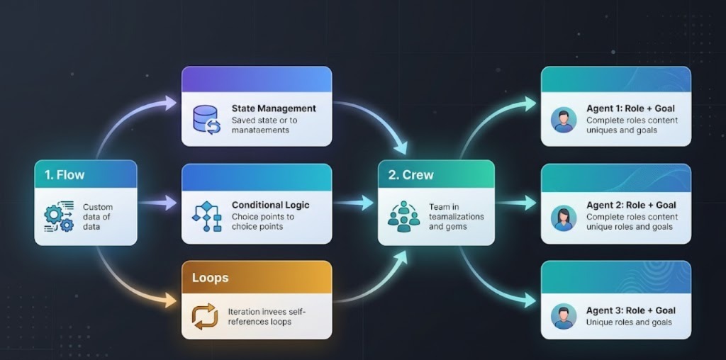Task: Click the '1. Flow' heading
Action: pyautogui.click(x=65, y=174)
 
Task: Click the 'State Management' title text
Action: pyautogui.click(x=274, y=108)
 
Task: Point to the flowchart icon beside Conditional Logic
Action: pyautogui.click(x=207, y=216)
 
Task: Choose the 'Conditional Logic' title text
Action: pyautogui.click(x=270, y=205)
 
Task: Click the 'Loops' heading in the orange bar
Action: pyautogui.click(x=211, y=277)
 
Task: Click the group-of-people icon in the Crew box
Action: pyautogui.click(x=403, y=216)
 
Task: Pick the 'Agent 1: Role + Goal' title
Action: pyautogui.click(x=630, y=108)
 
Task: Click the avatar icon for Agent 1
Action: pyautogui.click(x=564, y=120)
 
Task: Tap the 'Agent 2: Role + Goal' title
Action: pyautogui.click(x=630, y=206)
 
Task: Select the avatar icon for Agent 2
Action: pyautogui.click(x=564, y=217)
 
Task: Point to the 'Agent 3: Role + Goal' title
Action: pyautogui.click(x=630, y=310)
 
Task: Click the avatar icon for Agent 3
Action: pyautogui.click(x=564, y=316)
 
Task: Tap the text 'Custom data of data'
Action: pyautogui.click(x=97, y=216)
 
